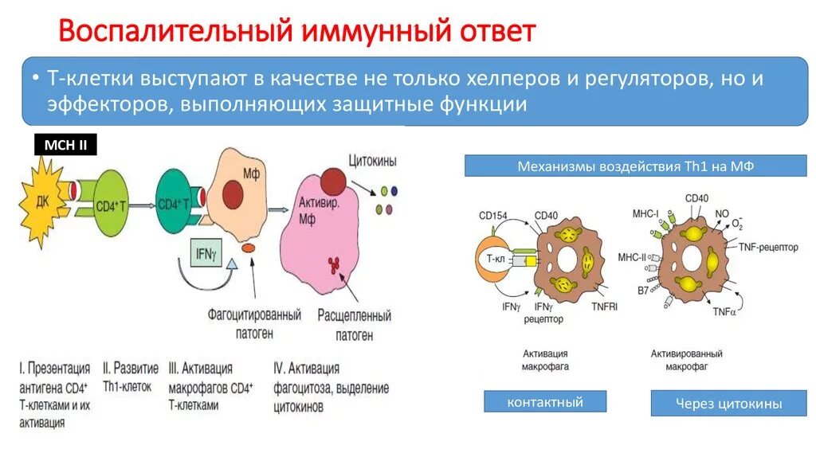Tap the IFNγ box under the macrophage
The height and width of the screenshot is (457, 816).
(205, 254)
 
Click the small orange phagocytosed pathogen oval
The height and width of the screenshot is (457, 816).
(249, 249)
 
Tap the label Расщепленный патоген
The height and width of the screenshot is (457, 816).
(354, 325)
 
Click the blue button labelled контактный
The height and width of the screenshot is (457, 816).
(545, 401)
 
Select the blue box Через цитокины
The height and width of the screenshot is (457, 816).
(717, 404)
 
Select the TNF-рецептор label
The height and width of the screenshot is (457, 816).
(767, 248)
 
